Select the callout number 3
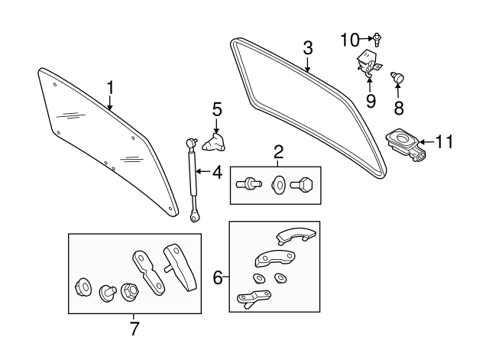pos(307,47)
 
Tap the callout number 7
pos(134,329)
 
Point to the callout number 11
pos(444,141)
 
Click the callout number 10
pos(349,37)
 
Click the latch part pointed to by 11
pos(406,144)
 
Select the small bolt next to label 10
pos(378,37)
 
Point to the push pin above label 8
pos(398,76)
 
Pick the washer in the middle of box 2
pos(278,184)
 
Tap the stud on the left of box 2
pos(249,183)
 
